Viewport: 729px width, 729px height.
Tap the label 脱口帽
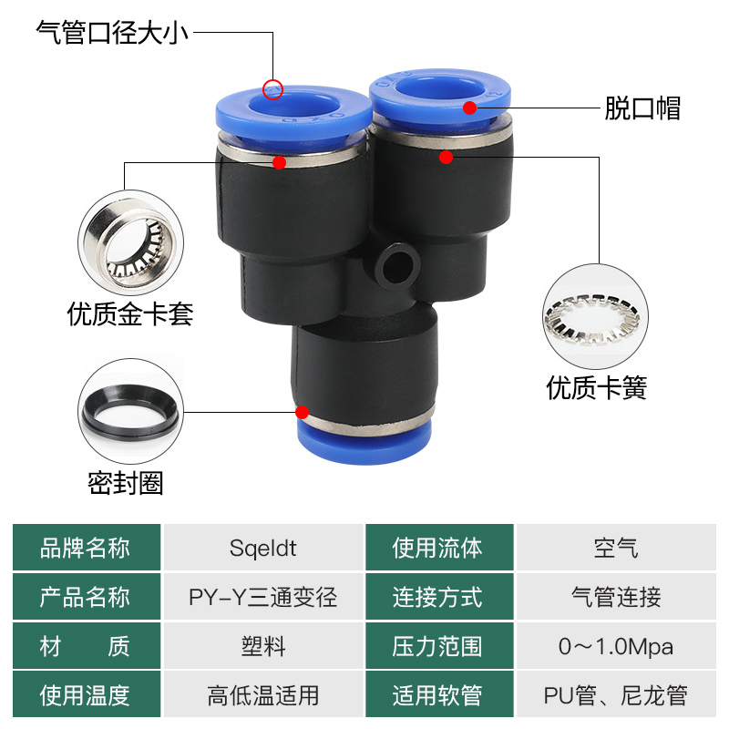click(x=642, y=108)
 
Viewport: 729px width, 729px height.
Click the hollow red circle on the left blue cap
click(x=272, y=89)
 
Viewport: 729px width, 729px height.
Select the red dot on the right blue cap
click(x=469, y=108)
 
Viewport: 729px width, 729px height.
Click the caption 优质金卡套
click(x=130, y=314)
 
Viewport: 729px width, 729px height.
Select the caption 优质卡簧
click(x=597, y=388)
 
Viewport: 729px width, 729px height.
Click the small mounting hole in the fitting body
click(x=395, y=262)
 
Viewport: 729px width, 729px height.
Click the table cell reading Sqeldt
click(x=263, y=549)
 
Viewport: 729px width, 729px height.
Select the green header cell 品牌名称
click(x=87, y=549)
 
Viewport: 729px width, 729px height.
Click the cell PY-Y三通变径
click(x=263, y=598)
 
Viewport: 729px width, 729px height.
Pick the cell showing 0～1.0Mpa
click(x=616, y=647)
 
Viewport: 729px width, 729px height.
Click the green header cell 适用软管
click(x=438, y=696)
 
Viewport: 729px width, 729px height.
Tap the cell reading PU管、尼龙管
click(x=616, y=696)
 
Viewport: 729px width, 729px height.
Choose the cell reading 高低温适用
click(x=263, y=696)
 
